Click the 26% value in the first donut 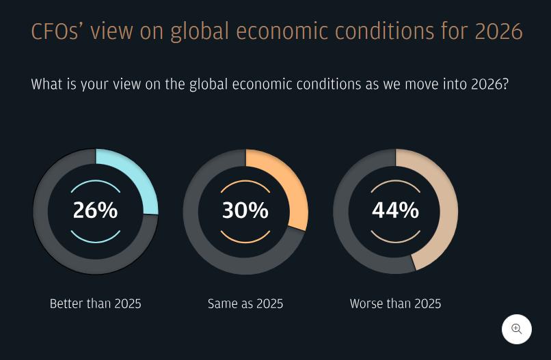[x=95, y=210]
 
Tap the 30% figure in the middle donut [x=245, y=210]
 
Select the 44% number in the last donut [x=395, y=210]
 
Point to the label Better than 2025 [x=95, y=303]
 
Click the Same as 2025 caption [x=245, y=303]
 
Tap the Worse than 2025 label [x=395, y=303]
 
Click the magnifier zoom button [x=517, y=329]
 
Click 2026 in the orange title [x=498, y=31]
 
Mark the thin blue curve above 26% [x=96, y=181]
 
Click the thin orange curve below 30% [x=245, y=242]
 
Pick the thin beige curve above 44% [x=395, y=181]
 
